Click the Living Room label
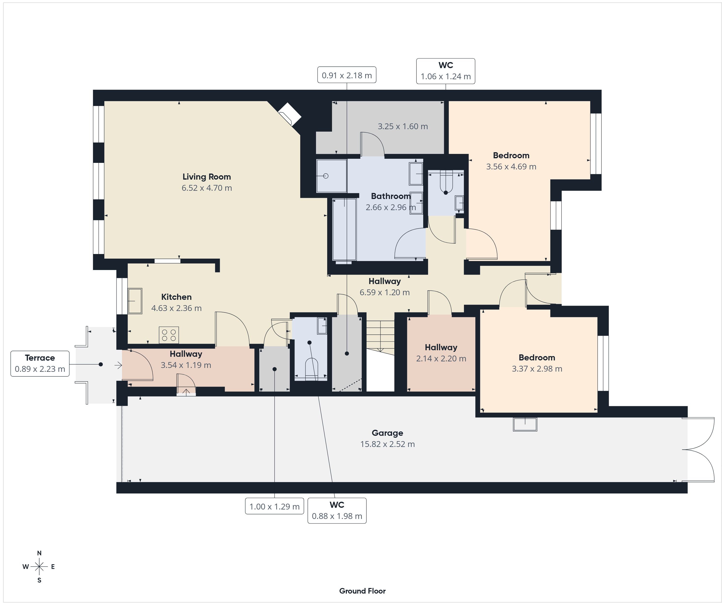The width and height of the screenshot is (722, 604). coord(207,177)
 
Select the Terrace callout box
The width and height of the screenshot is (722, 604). coord(40,364)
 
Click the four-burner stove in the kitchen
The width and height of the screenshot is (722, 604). coord(169,335)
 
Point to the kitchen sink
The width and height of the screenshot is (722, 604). coord(135,301)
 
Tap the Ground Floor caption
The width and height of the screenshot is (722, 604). coord(362,591)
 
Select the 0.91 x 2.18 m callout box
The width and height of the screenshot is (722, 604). coord(347,75)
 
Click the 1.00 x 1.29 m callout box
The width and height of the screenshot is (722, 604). coord(274,506)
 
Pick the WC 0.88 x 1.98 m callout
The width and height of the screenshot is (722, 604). coord(337,510)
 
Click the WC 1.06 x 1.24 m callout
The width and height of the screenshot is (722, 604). coord(446,71)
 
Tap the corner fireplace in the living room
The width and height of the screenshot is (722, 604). coord(290,114)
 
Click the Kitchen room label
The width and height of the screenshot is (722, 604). coord(176,297)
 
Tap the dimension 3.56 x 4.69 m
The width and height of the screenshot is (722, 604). coord(511,167)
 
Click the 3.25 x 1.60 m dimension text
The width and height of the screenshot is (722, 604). coord(403,127)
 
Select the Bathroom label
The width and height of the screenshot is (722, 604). coord(391,196)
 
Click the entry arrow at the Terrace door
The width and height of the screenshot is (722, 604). coord(118,365)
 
